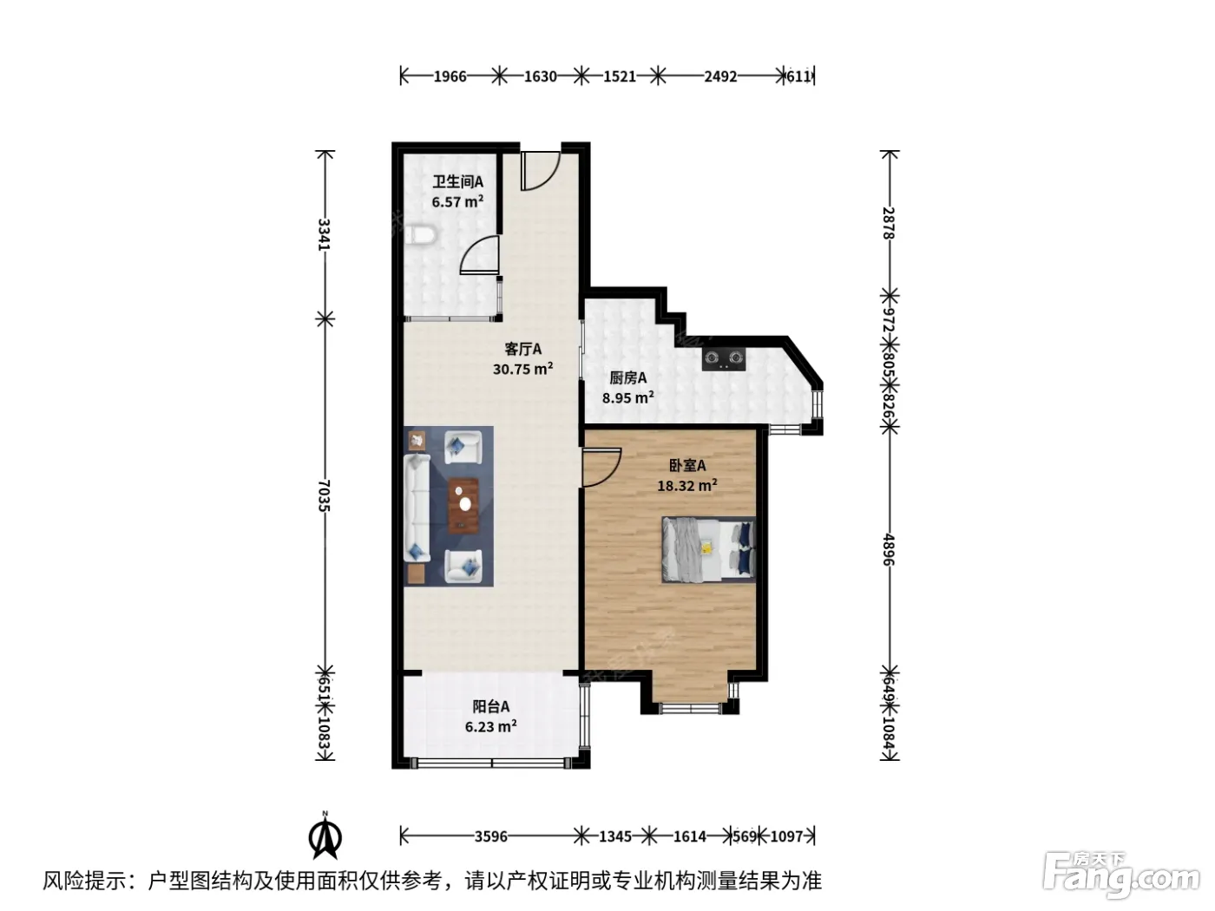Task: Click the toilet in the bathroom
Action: (x=421, y=236)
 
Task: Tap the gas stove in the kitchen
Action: (x=724, y=359)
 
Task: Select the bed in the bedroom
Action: (x=708, y=549)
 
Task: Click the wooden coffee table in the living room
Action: (x=463, y=506)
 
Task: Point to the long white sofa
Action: (x=417, y=508)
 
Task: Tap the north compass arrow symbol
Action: (x=325, y=837)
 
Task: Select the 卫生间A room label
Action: (x=457, y=181)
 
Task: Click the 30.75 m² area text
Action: (x=523, y=369)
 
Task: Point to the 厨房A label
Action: (x=627, y=377)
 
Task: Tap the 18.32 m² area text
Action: (x=687, y=485)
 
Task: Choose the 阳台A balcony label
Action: (x=490, y=706)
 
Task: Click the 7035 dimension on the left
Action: (x=325, y=495)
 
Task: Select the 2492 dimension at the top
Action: (x=720, y=76)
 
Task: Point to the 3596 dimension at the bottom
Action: (x=490, y=836)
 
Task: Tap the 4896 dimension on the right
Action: (x=889, y=549)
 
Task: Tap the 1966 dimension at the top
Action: (x=450, y=76)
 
